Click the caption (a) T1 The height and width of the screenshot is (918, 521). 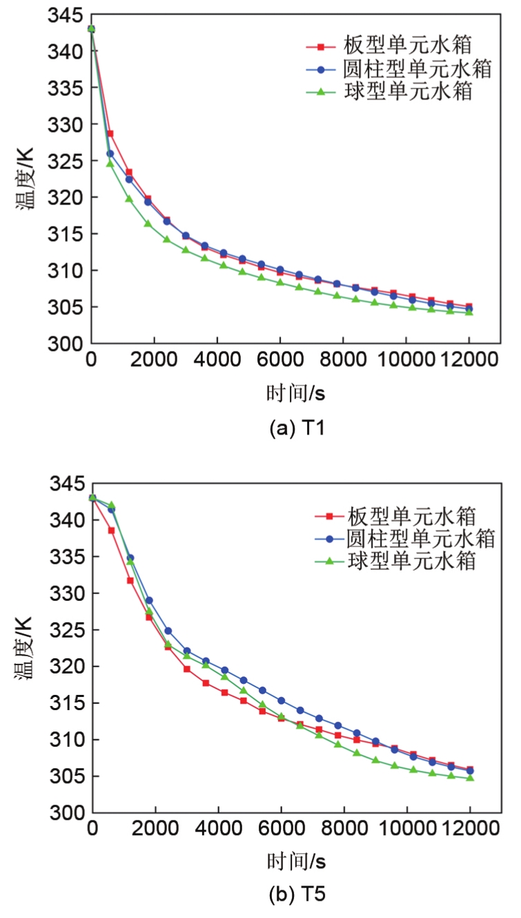click(296, 429)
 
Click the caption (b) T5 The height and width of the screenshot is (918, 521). click(297, 896)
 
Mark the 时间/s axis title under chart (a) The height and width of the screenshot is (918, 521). click(296, 394)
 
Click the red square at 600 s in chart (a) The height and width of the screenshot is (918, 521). click(110, 133)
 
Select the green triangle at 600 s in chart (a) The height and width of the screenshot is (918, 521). click(110, 163)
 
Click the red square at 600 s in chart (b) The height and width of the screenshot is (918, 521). click(111, 530)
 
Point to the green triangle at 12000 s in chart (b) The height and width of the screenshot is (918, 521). click(470, 777)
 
